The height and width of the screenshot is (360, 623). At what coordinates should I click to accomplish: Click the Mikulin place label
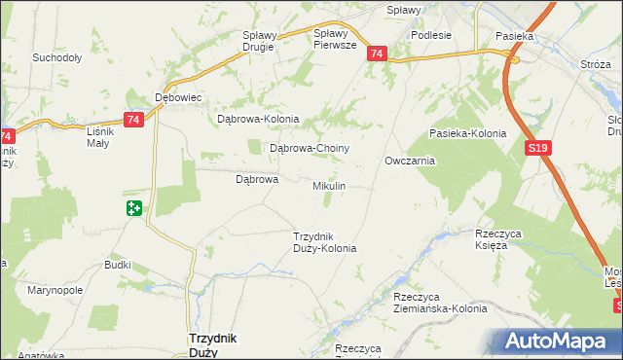tap(329, 185)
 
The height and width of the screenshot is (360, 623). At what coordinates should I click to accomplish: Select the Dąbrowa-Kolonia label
tap(257, 120)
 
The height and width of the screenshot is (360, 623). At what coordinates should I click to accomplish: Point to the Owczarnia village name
tap(409, 161)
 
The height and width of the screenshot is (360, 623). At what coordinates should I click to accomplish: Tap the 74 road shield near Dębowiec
tap(134, 119)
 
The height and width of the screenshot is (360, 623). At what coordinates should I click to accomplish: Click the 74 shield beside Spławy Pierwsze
tap(377, 54)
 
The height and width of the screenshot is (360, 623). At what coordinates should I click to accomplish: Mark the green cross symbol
tap(134, 208)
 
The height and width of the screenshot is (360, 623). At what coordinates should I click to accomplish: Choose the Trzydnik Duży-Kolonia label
tap(325, 242)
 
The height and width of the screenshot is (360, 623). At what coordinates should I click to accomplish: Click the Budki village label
tap(118, 265)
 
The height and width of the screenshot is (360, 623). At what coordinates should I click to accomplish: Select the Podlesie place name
tap(430, 35)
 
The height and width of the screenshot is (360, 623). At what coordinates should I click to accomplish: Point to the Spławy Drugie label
tap(260, 41)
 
